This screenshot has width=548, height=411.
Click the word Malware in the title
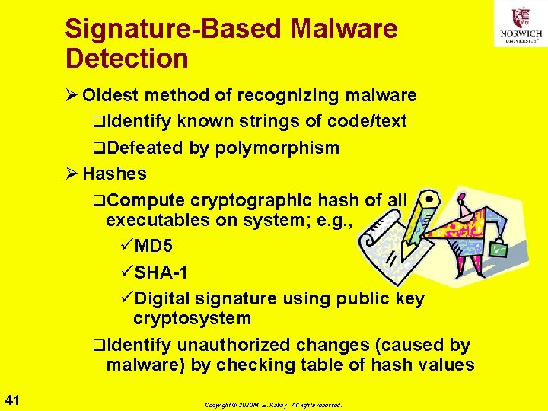(x=344, y=29)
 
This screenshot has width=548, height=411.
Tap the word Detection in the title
(x=126, y=58)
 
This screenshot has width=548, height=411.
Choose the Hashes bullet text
(x=114, y=174)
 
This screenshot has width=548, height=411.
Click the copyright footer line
(x=273, y=405)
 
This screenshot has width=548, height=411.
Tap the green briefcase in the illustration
(x=499, y=248)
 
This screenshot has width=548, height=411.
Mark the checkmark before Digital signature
(x=127, y=298)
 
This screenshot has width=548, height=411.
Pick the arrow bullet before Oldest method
(x=72, y=96)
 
